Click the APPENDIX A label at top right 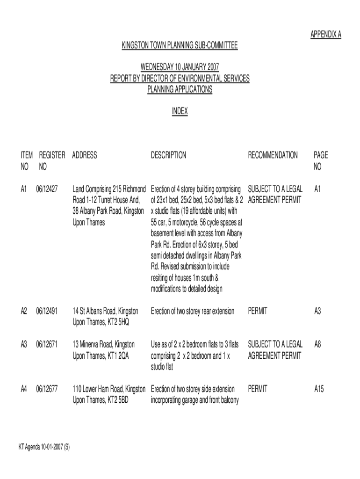click(326, 35)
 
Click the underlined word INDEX click(180, 111)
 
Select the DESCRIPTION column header click(168, 155)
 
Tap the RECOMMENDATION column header click(273, 155)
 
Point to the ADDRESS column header click(85, 155)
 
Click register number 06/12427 click(47, 189)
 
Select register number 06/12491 click(47, 311)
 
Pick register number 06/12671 click(47, 344)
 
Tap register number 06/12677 click(47, 388)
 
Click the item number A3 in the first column click(24, 344)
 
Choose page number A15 click(319, 388)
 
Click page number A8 click(318, 344)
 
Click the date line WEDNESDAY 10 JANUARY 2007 click(180, 67)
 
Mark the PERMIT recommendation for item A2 click(258, 311)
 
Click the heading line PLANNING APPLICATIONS click(180, 89)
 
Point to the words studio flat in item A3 click(162, 367)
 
